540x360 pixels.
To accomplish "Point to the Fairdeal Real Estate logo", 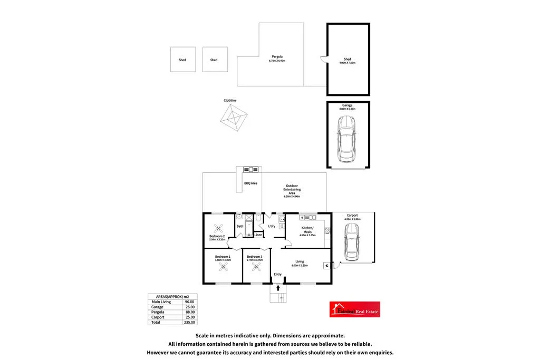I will (354, 309).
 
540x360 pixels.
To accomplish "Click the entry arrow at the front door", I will (278, 287).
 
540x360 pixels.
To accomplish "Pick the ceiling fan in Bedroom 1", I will (223, 268).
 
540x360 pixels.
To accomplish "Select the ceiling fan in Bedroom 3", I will (257, 268).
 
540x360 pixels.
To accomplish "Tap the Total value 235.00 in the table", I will (189, 322).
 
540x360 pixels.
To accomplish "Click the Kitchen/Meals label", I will (307, 230).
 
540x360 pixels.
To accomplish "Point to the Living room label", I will (300, 261).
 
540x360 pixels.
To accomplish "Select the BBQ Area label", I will (250, 183).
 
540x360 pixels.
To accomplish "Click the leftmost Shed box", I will (182, 60).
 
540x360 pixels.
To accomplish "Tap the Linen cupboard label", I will (258, 235).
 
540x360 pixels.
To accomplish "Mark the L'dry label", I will (272, 226).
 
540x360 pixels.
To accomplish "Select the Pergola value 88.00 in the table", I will (189, 312).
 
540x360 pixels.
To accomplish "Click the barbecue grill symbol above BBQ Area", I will (250, 170).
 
